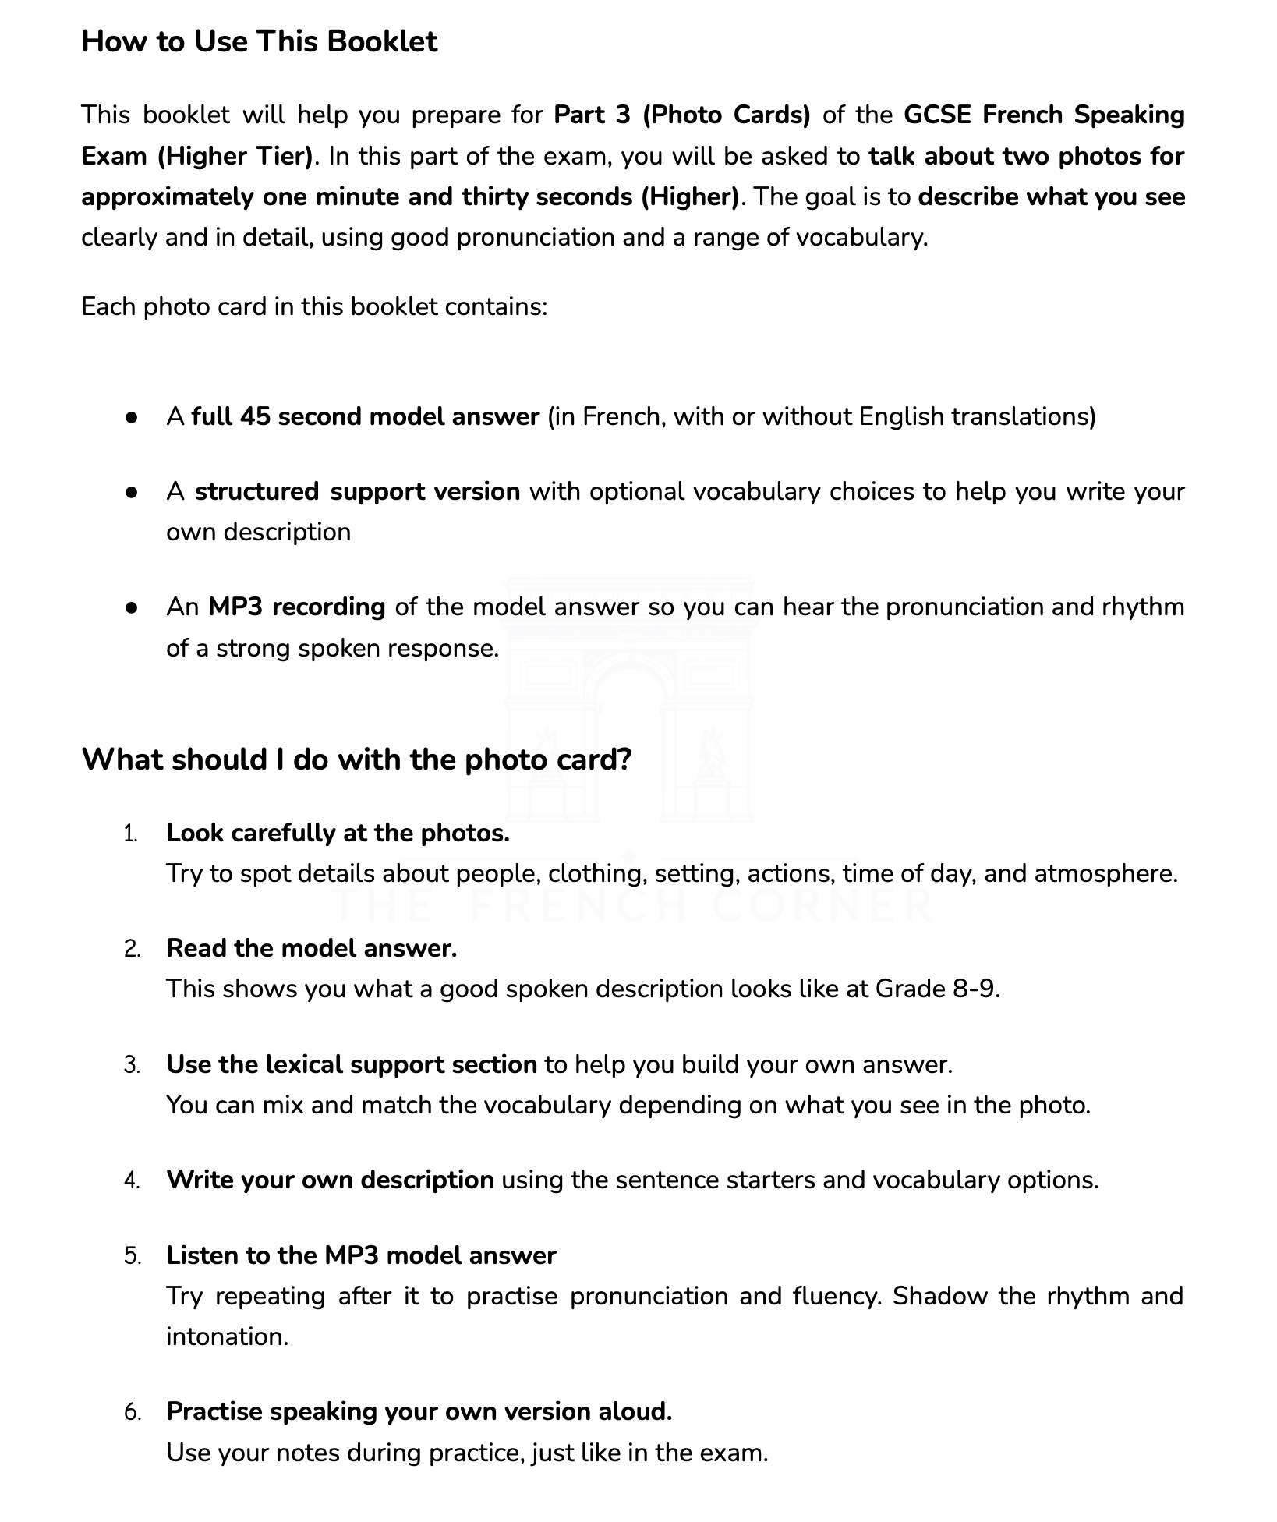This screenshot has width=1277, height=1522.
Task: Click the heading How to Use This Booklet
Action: click(x=259, y=41)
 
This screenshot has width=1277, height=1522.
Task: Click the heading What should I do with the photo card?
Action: click(x=356, y=759)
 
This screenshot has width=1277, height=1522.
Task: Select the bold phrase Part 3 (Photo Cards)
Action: click(x=682, y=115)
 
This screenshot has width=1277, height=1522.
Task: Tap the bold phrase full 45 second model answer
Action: click(x=366, y=416)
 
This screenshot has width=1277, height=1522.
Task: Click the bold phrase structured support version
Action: click(x=357, y=491)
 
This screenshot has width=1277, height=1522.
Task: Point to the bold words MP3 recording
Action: click(x=296, y=607)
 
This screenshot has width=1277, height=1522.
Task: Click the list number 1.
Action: click(x=130, y=834)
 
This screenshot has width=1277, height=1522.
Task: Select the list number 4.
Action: click(x=131, y=1180)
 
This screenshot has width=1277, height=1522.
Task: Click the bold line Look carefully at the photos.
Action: click(x=338, y=833)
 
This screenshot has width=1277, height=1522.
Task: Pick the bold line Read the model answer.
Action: click(x=311, y=948)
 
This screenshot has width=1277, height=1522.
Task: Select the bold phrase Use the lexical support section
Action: click(x=351, y=1064)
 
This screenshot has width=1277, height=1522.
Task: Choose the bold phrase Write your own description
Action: click(x=330, y=1180)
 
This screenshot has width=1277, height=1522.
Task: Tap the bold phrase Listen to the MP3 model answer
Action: click(x=361, y=1255)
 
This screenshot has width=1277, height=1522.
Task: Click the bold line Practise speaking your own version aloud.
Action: click(x=419, y=1411)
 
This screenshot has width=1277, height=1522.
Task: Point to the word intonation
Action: click(x=226, y=1336)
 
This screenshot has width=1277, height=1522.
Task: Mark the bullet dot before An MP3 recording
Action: click(x=132, y=607)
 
